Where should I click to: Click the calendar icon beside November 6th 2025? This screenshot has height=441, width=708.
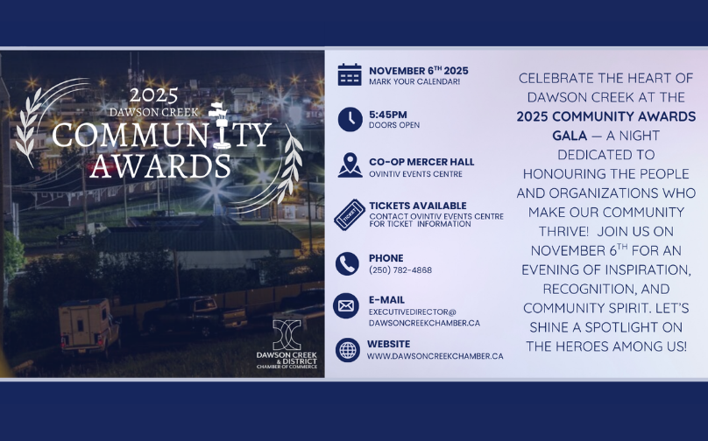coord(350,75)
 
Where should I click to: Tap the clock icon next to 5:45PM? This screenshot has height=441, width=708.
coord(350,119)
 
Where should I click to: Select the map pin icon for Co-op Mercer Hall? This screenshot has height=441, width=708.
coord(350,164)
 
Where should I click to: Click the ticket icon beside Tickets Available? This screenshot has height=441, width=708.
coord(350,214)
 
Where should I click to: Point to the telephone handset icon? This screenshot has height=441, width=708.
coord(348,263)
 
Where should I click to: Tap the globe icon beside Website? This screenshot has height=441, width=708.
coord(348,350)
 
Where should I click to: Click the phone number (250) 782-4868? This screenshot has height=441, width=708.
coord(400,270)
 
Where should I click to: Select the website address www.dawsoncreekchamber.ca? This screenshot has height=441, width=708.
coord(435,356)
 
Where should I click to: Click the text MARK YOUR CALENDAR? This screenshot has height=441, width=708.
coord(414,82)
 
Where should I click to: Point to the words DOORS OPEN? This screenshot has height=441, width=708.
coord(394,125)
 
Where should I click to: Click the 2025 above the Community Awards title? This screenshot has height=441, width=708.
coord(153,96)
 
